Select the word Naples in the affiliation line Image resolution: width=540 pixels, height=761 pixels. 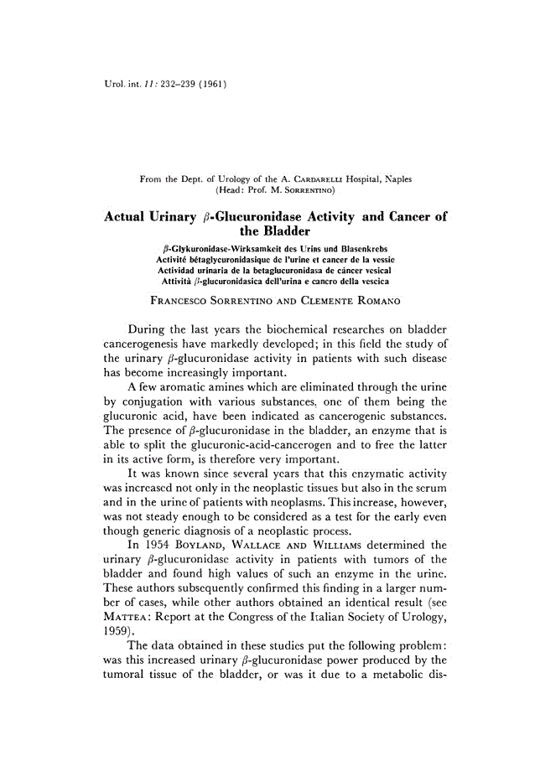(394, 179)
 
